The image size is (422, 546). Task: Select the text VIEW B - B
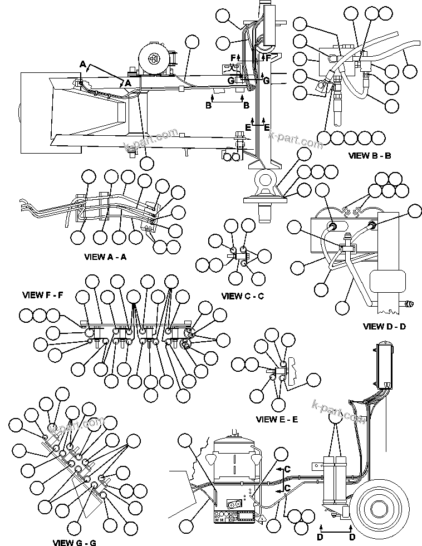[x=369, y=156]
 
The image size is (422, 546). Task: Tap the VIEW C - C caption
[x=242, y=296]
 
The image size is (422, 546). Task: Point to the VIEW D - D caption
[x=384, y=326]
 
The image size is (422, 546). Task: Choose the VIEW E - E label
[x=277, y=419]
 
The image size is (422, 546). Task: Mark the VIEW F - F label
[x=43, y=294]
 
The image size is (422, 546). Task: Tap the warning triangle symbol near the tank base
[x=261, y=518]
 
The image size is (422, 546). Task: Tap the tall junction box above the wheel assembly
[x=384, y=367]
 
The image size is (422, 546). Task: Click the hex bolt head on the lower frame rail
[x=239, y=134]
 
